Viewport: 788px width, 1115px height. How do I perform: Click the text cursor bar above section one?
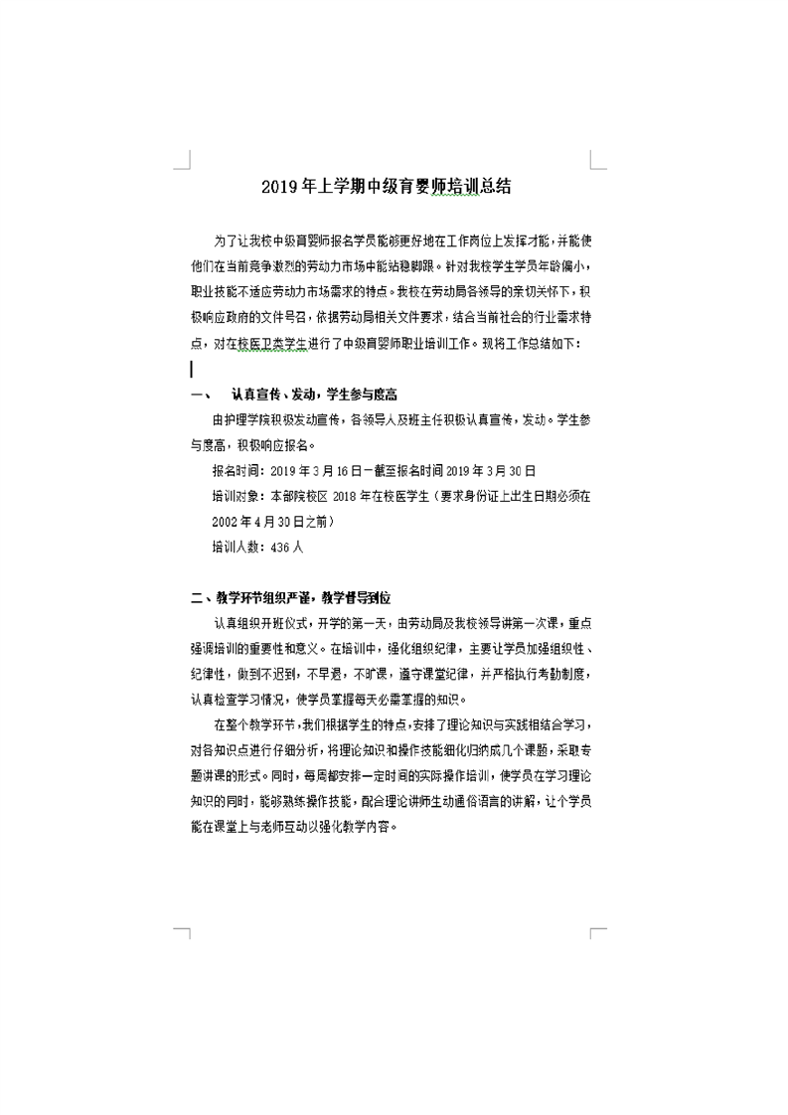tap(192, 370)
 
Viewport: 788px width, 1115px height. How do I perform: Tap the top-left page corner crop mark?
tap(182, 160)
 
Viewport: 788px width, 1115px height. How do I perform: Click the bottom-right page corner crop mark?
tap(598, 935)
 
